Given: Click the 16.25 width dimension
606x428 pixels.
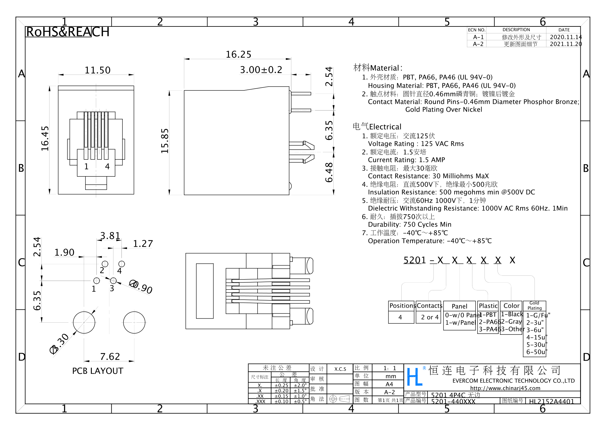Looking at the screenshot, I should click(238, 54).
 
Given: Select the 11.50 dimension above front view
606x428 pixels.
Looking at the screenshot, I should click(97, 70).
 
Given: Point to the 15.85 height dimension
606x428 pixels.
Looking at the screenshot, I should click(165, 141).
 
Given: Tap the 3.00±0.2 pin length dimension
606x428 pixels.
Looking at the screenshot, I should click(261, 70).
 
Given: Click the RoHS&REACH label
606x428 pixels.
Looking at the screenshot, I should click(68, 32).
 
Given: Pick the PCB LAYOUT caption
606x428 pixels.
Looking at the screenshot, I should click(98, 371).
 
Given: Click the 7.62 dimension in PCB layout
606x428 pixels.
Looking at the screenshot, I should click(110, 357).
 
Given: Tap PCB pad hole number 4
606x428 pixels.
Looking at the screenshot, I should click(121, 264).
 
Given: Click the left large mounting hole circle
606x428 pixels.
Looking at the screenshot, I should click(84, 322).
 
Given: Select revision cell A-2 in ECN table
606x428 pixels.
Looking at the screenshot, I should click(478, 44).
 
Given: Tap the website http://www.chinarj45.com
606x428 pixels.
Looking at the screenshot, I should click(505, 388).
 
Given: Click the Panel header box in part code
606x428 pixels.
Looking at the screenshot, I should click(459, 306).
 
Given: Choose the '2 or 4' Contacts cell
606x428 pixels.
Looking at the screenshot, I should click(430, 317).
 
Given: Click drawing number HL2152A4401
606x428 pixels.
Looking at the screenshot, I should click(551, 401).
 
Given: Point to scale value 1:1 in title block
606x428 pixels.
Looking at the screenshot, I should click(390, 368).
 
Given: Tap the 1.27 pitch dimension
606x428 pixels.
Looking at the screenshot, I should click(143, 244).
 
